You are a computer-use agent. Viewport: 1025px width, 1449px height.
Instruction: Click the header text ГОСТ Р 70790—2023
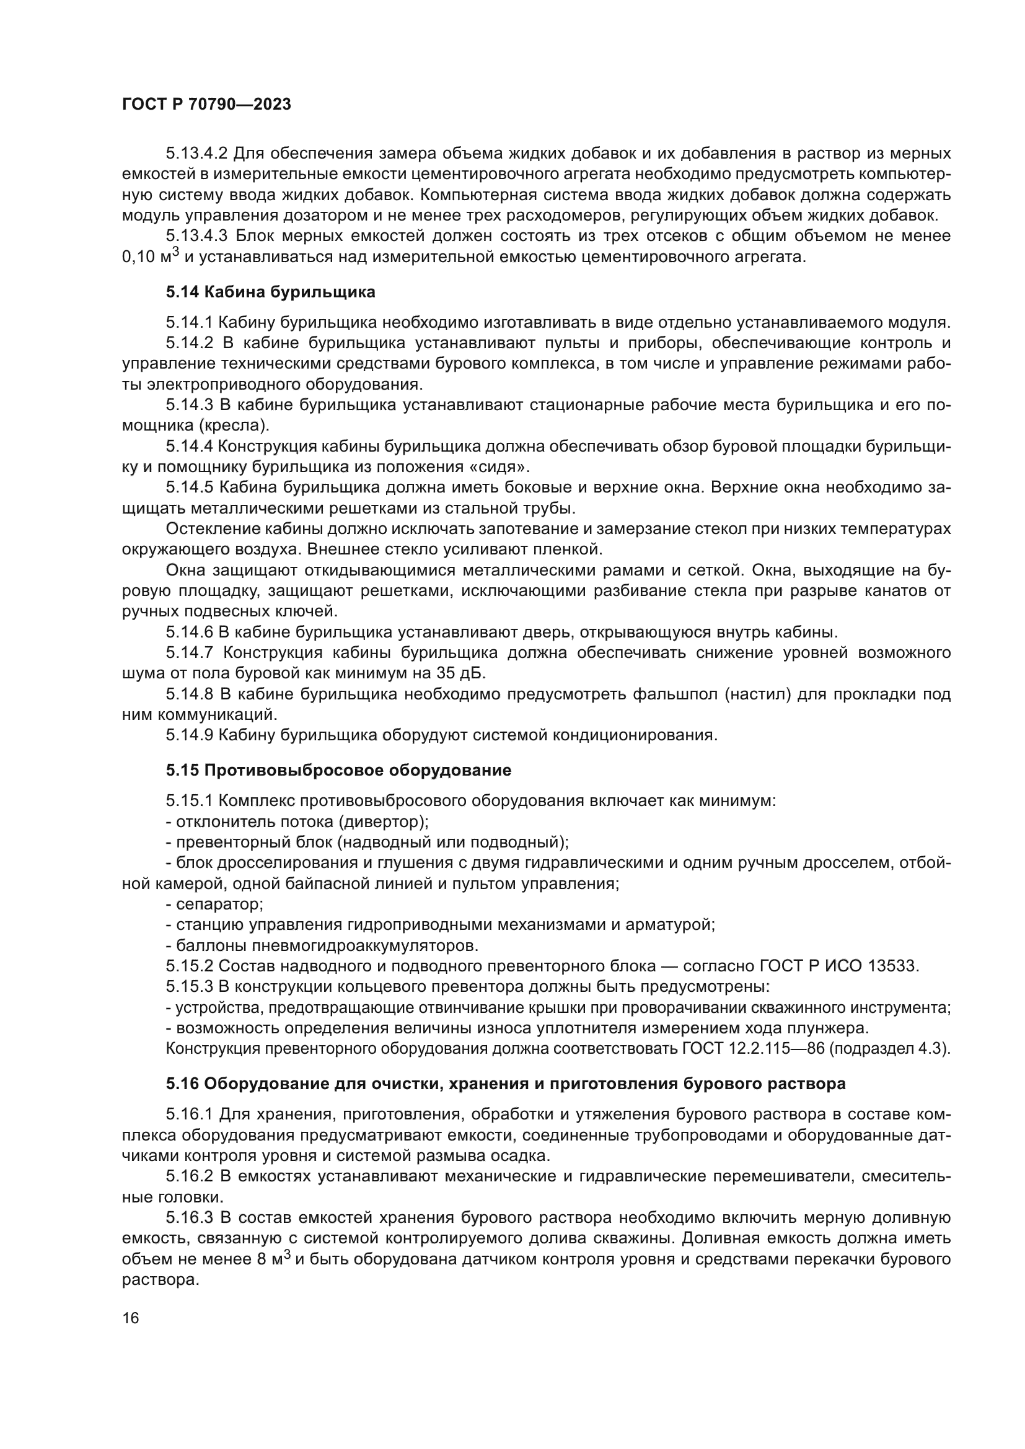pos(206,105)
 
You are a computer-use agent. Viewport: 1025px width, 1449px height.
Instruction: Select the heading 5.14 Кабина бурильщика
pos(271,292)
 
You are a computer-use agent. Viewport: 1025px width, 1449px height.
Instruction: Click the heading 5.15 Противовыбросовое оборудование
pos(338,771)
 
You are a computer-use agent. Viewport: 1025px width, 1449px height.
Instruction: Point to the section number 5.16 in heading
pos(182,1084)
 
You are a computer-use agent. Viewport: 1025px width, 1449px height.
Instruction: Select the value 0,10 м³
pos(150,257)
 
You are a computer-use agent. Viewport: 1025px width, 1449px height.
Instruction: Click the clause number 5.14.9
pos(190,735)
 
